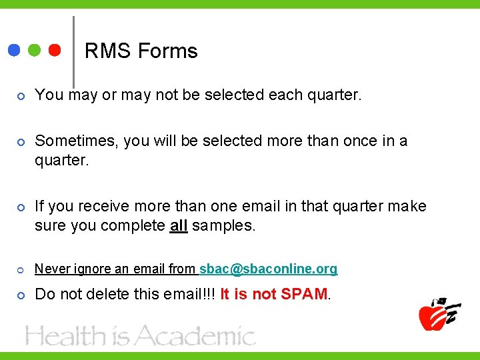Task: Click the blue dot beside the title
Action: [x=14, y=51]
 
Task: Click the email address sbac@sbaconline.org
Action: [x=268, y=269]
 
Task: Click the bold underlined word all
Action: [x=179, y=225]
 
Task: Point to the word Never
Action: [x=49, y=269]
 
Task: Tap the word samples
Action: [x=223, y=225]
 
